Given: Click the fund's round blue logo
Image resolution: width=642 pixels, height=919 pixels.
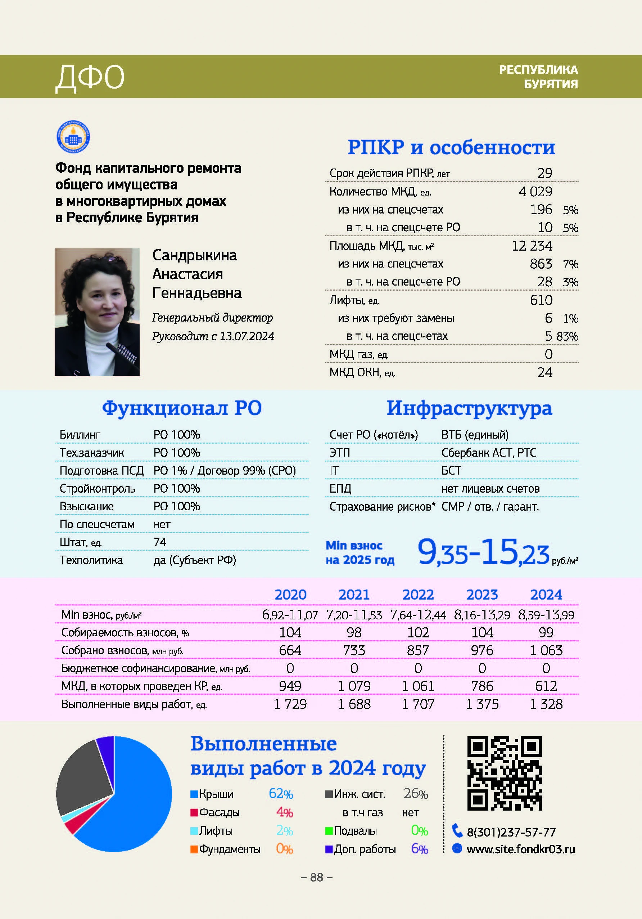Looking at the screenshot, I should [73, 137].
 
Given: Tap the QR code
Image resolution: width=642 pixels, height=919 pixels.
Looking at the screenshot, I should [505, 772].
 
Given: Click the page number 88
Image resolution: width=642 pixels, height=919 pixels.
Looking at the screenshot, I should [316, 877].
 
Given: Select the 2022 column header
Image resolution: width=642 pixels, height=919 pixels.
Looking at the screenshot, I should [418, 595].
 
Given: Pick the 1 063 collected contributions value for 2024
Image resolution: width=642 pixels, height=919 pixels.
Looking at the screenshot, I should [546, 650].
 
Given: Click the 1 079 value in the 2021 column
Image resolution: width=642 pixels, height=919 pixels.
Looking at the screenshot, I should [354, 686].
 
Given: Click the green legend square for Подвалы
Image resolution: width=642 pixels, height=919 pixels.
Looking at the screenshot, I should [329, 831].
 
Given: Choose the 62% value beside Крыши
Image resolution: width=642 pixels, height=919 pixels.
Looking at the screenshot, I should [281, 793].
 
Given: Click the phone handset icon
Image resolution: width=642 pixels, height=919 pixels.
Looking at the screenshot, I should [457, 830].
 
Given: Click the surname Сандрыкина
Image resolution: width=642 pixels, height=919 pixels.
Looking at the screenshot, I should [195, 255].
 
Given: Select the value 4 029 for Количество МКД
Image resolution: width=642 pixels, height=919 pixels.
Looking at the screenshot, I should [535, 192].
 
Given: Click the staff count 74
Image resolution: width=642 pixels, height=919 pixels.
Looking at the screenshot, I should [160, 542].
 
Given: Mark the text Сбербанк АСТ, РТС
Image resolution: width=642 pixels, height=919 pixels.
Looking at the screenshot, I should [489, 452].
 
